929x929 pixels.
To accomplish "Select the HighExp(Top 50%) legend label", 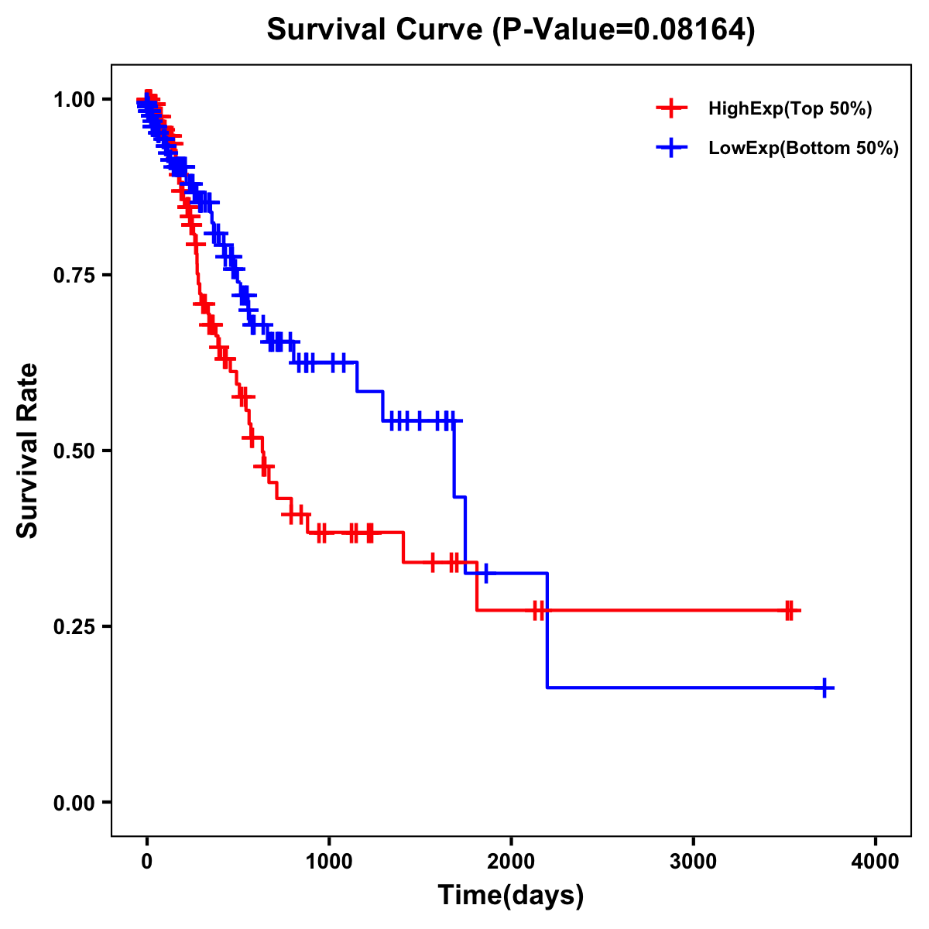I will (x=790, y=109).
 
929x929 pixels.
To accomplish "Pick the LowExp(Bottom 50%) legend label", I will (x=804, y=148).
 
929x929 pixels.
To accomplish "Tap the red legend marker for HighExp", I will (x=671, y=108).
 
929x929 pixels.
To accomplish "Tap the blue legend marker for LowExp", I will (x=671, y=147).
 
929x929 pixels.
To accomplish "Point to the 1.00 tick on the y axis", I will (x=74, y=99).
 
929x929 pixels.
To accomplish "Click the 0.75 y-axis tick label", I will (x=74, y=275).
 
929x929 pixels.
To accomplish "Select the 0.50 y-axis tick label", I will (x=74, y=451).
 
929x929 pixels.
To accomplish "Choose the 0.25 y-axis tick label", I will (x=74, y=626).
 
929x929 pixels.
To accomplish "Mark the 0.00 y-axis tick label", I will (x=74, y=802).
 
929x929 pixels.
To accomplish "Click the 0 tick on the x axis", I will (x=147, y=862).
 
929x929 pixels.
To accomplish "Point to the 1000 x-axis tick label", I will (x=329, y=862).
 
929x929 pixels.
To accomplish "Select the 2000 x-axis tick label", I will (x=511, y=862).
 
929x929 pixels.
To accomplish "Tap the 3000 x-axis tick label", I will (x=693, y=862).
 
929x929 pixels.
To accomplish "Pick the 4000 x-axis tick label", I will (x=876, y=862).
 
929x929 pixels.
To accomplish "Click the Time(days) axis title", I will (x=511, y=896).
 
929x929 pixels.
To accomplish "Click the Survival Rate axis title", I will (x=28, y=451).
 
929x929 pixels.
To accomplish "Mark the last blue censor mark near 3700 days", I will (x=825, y=687).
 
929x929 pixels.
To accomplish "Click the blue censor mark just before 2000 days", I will (x=485, y=574).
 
